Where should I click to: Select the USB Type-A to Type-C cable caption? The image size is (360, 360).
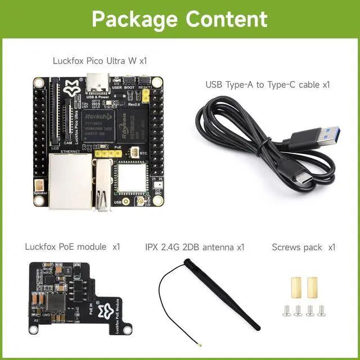[x=267, y=85]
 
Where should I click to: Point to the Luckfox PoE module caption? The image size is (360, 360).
[x=73, y=246]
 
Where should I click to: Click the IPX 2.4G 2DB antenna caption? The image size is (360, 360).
[x=195, y=246]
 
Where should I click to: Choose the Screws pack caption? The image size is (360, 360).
[x=303, y=246]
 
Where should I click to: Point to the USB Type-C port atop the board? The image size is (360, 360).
[x=98, y=83]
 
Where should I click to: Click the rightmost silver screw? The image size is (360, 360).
[x=321, y=309]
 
